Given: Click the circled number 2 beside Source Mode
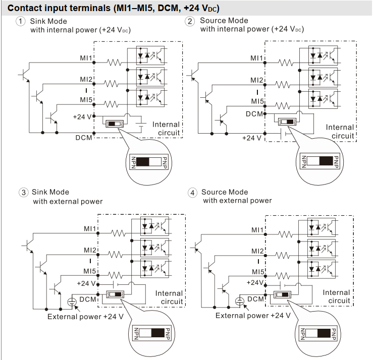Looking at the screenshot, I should [x=190, y=21].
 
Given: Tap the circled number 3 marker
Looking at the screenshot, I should [x=23, y=192].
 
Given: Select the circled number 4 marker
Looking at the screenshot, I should [x=193, y=193].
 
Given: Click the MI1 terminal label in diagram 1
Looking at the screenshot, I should [x=85, y=59].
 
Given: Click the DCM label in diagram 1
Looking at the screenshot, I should [x=84, y=137].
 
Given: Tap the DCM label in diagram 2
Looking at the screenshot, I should [x=254, y=114].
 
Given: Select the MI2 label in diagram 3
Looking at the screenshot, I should [x=90, y=251].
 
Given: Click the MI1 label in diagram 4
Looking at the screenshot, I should [x=258, y=229].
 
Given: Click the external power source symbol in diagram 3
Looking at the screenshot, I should [x=72, y=302].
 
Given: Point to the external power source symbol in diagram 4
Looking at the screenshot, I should [x=240, y=302].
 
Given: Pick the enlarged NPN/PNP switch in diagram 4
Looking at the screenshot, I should [x=318, y=333].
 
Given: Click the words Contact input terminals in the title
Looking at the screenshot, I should [x=56, y=8].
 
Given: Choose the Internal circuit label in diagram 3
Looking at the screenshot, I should [x=169, y=297].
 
